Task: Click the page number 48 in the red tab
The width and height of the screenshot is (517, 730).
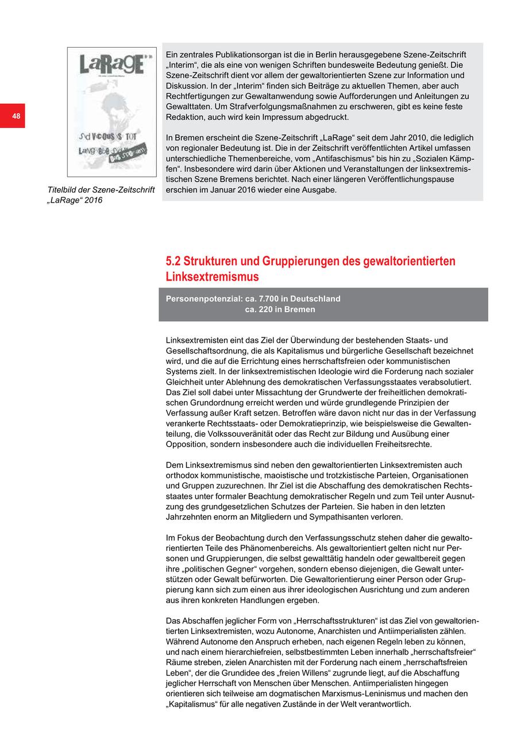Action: [16, 117]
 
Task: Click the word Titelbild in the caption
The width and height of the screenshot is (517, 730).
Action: [64, 190]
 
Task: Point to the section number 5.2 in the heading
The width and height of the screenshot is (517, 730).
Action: [173, 262]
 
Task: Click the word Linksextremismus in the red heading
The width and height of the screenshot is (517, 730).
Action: [212, 277]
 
